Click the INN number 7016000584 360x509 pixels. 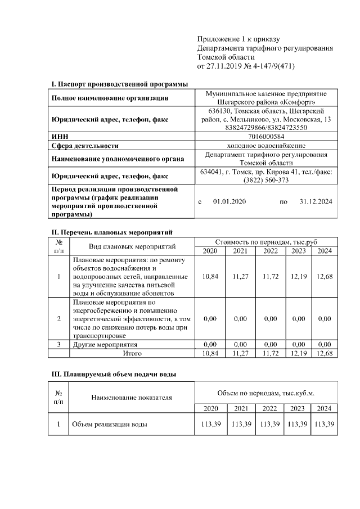266,136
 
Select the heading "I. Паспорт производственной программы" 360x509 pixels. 119,84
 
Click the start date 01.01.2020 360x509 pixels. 229,201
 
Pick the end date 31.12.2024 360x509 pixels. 317,201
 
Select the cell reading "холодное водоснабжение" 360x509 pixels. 266,145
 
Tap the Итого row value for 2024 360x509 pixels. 325,353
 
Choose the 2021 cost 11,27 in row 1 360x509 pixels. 240,276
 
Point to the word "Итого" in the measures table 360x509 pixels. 132,353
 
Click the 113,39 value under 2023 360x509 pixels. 298,424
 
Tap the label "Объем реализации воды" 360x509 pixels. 109,424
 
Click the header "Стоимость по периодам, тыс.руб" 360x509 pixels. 266,241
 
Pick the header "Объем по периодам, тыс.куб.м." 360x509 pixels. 265,391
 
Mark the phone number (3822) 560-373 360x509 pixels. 266,180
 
